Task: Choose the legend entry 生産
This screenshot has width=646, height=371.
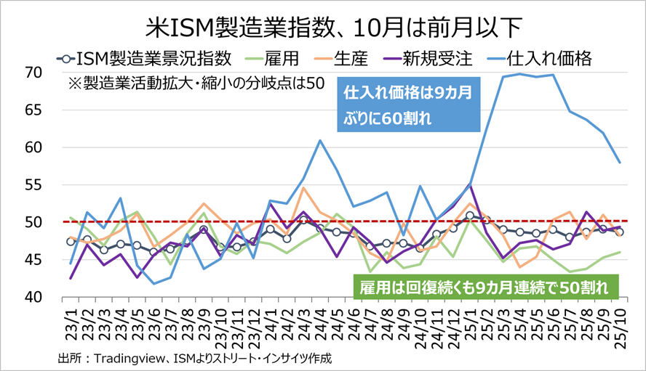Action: [352, 58]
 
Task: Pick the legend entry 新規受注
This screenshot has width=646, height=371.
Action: [428, 58]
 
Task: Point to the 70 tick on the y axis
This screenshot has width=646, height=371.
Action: [32, 73]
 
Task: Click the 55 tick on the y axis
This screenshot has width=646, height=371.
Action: [32, 184]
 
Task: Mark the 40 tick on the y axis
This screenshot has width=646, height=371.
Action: [32, 297]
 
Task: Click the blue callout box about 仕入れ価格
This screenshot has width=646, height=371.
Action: [409, 106]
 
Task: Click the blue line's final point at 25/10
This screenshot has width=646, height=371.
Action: [619, 162]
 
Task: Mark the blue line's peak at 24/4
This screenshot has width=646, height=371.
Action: [320, 140]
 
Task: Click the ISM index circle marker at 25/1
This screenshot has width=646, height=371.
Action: [470, 216]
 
